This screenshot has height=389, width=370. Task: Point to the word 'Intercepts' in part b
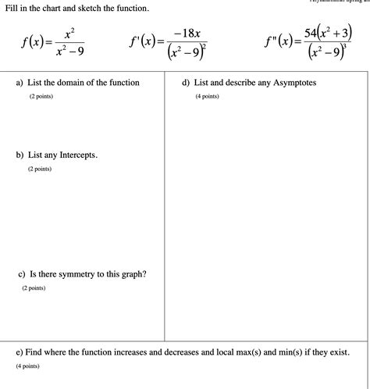pyautogui.click(x=74, y=155)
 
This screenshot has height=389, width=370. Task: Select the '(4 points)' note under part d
pyautogui.click(x=208, y=97)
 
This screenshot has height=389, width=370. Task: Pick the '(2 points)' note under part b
pyautogui.click(x=39, y=169)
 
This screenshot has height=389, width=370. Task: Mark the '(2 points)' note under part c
pyautogui.click(x=34, y=288)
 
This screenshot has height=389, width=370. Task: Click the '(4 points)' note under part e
pyautogui.click(x=27, y=366)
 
